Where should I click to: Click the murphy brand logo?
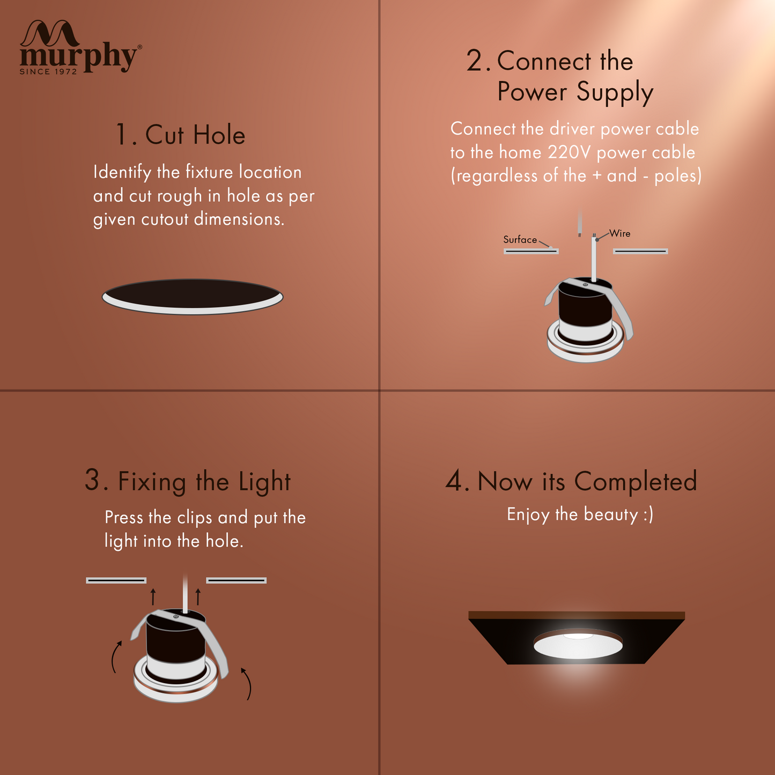pyautogui.click(x=80, y=47)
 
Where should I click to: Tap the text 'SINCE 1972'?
pyautogui.click(x=48, y=71)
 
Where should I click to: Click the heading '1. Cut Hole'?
pyautogui.click(x=180, y=134)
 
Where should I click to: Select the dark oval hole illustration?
pyautogui.click(x=193, y=297)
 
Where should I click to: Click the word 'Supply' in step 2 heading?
pyautogui.click(x=615, y=92)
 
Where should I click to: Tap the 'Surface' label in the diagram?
pyautogui.click(x=520, y=240)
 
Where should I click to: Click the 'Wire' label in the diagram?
pyautogui.click(x=620, y=233)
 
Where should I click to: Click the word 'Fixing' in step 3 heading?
pyautogui.click(x=152, y=482)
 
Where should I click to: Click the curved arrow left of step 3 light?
pyautogui.click(x=116, y=657)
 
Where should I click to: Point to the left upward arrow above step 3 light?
pyautogui.click(x=153, y=597)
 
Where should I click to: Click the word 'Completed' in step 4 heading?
pyautogui.click(x=636, y=481)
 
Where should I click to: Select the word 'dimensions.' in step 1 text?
pyautogui.click(x=239, y=219)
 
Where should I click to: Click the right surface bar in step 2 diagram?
pyautogui.click(x=640, y=252)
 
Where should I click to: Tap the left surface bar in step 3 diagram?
pyautogui.click(x=116, y=580)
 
